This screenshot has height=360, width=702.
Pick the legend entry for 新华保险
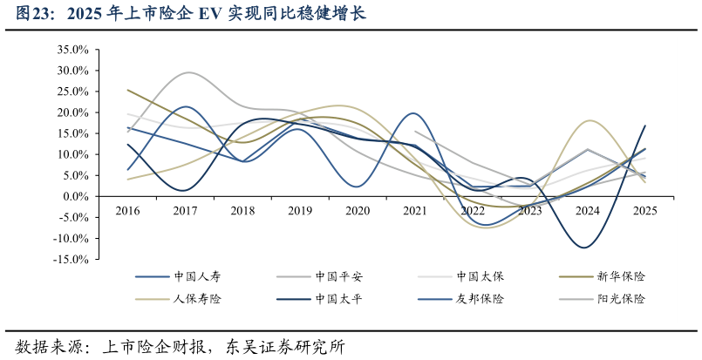pos(621,277)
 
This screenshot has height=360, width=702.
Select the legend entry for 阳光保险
pos(621,299)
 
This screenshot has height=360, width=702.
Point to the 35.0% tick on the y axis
pos(72,50)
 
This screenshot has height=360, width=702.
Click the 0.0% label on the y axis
pos(75,196)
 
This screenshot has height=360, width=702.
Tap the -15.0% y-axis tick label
pos(71,259)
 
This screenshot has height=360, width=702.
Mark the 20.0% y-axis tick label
pos(72,112)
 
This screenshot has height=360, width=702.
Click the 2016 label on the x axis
pos(127,211)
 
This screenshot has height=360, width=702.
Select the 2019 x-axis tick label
pos(300,211)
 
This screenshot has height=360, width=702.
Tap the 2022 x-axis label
pos(473,211)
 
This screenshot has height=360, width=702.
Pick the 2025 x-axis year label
pos(645,211)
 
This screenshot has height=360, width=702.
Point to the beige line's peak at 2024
pos(590,120)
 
